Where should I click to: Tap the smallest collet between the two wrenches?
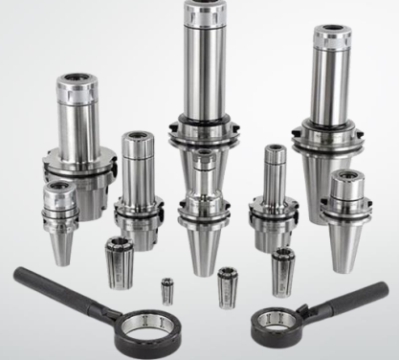167,287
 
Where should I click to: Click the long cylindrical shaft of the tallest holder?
204,67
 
